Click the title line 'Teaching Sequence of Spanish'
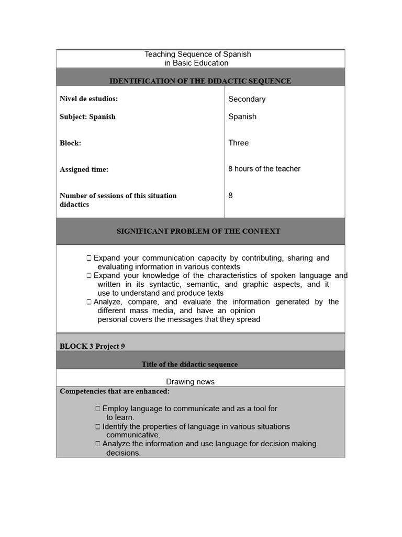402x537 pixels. [197, 54]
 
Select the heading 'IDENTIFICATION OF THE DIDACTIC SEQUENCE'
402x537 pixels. [200, 81]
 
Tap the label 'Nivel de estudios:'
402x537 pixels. [88, 99]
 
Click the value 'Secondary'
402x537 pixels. [247, 99]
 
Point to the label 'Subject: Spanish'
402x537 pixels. [87, 116]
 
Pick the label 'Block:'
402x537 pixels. [70, 143]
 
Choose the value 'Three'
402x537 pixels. [238, 143]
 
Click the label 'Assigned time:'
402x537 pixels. [84, 169]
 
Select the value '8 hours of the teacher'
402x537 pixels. [264, 169]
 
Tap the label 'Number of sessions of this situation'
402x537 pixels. [118, 196]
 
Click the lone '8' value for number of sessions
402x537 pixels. [230, 196]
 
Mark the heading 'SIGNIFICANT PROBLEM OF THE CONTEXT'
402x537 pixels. [198, 231]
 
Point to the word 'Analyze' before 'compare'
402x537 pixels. [108, 302]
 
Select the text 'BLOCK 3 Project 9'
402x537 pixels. [92, 346]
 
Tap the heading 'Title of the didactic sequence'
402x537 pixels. [189, 364]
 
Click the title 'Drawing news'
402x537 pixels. [190, 382]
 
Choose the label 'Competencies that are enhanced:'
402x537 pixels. [114, 391]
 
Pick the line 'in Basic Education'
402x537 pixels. [196, 63]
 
